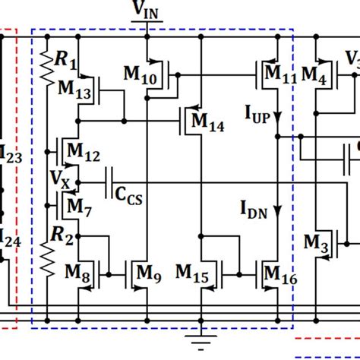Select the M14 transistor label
pyautogui.click(x=207, y=121)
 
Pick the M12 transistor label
pyautogui.click(x=83, y=155)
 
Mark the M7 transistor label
pyautogui.click(x=77, y=204)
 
